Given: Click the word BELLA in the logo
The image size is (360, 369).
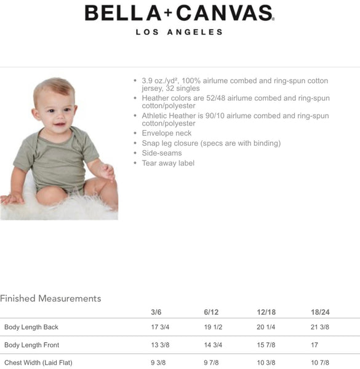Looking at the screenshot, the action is coord(121,12).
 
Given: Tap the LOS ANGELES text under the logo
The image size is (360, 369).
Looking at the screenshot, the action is coord(179,32).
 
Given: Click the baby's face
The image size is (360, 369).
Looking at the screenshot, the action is coord(55,108).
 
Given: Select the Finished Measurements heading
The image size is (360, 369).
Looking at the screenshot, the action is coord(50,298).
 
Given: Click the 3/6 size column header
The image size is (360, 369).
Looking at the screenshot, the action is coord(156,312).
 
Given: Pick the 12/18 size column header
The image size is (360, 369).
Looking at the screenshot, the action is coord(266,312).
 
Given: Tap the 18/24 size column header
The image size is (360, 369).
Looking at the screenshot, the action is coord(321,312).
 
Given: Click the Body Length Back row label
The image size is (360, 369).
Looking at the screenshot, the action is coord(31,327).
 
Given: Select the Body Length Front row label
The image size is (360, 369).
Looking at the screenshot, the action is coord(32,345).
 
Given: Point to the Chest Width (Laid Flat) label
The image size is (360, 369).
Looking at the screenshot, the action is coord(38,363).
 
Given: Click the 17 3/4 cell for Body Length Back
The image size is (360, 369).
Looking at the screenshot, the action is coord(160,327).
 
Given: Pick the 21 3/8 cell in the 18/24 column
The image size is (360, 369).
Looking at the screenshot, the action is coord(321,327).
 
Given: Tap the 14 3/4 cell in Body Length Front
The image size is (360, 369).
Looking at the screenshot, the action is coord(213,345).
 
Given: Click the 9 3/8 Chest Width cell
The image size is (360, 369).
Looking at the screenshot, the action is coord(158,363).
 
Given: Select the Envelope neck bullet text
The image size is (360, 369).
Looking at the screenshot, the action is coord(166,133).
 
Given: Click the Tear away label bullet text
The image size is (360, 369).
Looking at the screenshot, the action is coord(168,163).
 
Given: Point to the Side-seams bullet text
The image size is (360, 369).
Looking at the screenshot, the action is coord(162,153).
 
